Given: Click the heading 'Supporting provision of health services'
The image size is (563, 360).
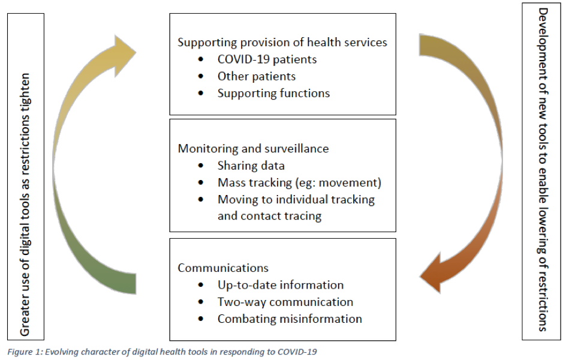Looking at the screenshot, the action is tap(282, 43).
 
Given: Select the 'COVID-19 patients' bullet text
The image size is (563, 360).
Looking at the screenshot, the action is tap(267, 59).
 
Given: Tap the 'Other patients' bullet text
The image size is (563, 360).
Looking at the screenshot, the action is tap(257, 76).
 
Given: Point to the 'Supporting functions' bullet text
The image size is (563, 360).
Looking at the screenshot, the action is tap(273, 94).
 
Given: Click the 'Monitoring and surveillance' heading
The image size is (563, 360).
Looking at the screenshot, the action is tap(253, 149).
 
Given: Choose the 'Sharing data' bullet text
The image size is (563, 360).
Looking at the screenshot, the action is tap(251, 166).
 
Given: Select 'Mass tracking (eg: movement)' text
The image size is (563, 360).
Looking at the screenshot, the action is tap(299, 183).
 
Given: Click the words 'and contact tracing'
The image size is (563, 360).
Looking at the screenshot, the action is tap(269, 216).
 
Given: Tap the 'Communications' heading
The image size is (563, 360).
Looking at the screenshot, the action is tap(223, 268).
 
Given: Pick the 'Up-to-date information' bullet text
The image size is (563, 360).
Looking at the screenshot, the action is tap(281, 285).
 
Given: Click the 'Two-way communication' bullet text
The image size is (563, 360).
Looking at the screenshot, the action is tap(285, 302).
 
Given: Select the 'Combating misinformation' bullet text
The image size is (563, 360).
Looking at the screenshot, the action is tap(290, 319).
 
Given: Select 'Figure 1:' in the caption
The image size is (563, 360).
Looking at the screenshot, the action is tap(25, 352).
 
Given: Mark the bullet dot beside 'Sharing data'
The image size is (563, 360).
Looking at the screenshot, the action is tap(201, 166).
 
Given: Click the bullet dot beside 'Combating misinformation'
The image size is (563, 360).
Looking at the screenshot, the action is tap(201, 319).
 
